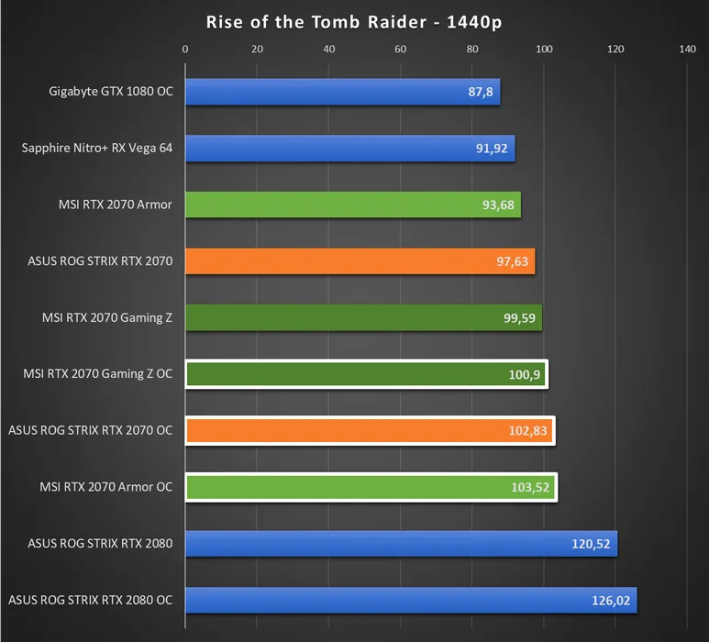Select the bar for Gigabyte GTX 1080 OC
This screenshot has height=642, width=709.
click(x=342, y=92)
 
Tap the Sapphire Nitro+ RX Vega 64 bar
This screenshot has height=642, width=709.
click(x=349, y=149)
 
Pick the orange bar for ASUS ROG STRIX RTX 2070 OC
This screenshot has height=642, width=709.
click(x=369, y=431)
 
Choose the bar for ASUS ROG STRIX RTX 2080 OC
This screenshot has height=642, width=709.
click(x=411, y=601)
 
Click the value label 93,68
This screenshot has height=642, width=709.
click(x=495, y=205)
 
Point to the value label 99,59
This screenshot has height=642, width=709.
click(x=516, y=318)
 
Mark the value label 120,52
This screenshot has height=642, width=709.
click(x=591, y=545)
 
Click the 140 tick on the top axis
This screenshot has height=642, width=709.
click(x=687, y=50)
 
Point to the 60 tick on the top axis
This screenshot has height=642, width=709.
click(x=400, y=50)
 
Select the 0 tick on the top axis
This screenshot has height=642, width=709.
click(x=185, y=50)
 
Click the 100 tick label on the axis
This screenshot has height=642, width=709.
click(x=544, y=50)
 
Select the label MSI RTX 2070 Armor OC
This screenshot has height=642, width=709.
click(x=105, y=487)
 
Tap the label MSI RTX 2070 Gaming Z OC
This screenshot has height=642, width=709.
click(x=97, y=374)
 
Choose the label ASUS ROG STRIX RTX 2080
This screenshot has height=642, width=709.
click(x=100, y=544)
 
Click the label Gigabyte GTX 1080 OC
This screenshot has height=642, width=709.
click(x=110, y=92)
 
